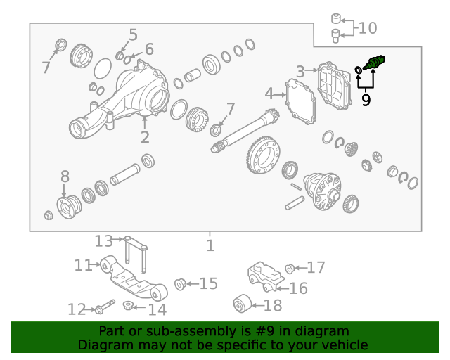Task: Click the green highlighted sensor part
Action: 375,63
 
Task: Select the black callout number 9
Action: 366,100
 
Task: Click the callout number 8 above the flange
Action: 65,176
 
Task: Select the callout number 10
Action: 368,28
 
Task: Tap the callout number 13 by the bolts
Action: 103,241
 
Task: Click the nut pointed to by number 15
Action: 180,284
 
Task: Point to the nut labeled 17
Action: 290,269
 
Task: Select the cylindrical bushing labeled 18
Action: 243,304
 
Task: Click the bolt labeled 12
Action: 105,307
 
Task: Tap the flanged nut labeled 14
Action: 128,305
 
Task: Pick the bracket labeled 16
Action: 266,276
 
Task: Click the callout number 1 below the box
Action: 210,245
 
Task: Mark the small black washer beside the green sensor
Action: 359,70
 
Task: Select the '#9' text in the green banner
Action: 264,331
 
